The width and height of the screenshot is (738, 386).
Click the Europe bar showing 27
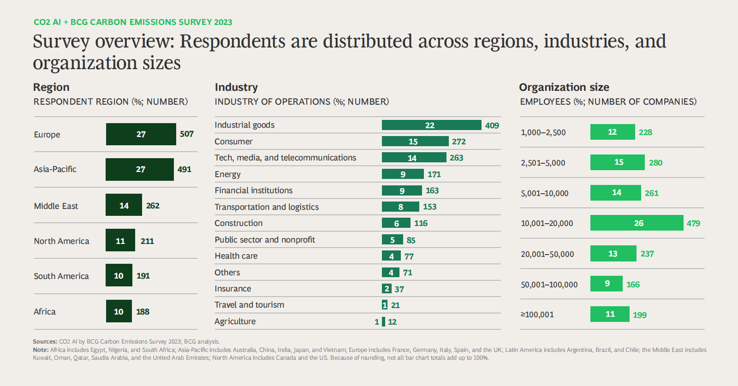(141, 134)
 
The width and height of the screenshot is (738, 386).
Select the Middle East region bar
(124, 205)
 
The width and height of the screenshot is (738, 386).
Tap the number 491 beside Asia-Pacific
(184, 169)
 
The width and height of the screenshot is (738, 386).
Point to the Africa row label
(45, 312)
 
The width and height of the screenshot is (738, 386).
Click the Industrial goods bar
(431, 125)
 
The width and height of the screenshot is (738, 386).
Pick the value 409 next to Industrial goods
(492, 125)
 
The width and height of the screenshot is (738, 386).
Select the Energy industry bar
(402, 174)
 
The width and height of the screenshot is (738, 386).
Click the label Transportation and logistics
(267, 207)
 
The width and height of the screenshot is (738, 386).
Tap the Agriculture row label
(235, 321)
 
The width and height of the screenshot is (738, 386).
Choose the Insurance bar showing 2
(387, 289)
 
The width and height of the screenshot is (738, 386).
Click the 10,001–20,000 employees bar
(637, 223)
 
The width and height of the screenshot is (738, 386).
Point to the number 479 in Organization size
(693, 224)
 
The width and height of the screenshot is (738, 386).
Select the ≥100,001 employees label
(537, 315)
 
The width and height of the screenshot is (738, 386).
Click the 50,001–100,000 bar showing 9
(606, 284)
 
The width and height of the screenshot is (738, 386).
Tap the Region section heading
(51, 87)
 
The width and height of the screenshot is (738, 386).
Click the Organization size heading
(564, 87)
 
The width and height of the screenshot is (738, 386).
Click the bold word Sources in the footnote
(45, 342)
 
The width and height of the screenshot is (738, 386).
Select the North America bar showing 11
(120, 240)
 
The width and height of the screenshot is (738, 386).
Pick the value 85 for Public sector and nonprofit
(411, 240)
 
